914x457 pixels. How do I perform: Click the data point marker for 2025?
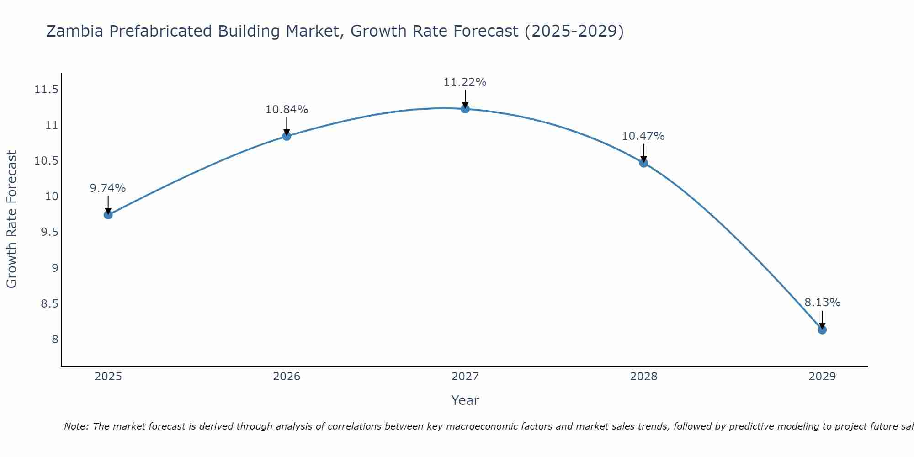pos(108,215)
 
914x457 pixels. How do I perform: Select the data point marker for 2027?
pos(465,108)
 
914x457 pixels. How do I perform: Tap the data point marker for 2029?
pos(822,329)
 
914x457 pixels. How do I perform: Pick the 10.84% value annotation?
pos(287,110)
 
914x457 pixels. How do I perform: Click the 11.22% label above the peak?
pos(465,82)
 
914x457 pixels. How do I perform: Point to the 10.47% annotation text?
pos(643,136)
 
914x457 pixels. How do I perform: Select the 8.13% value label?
pos(822,303)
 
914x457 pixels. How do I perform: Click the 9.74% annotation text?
pos(107,188)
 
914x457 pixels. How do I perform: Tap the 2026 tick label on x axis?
pos(287,377)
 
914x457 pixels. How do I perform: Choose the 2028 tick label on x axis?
pos(643,377)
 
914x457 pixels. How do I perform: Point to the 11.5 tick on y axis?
pos(46,90)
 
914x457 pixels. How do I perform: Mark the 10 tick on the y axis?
pos(52,197)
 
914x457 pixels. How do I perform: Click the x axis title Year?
pos(465,400)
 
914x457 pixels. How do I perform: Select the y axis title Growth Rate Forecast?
pos(11,219)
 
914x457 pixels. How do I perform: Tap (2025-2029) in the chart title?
pos(574,31)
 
